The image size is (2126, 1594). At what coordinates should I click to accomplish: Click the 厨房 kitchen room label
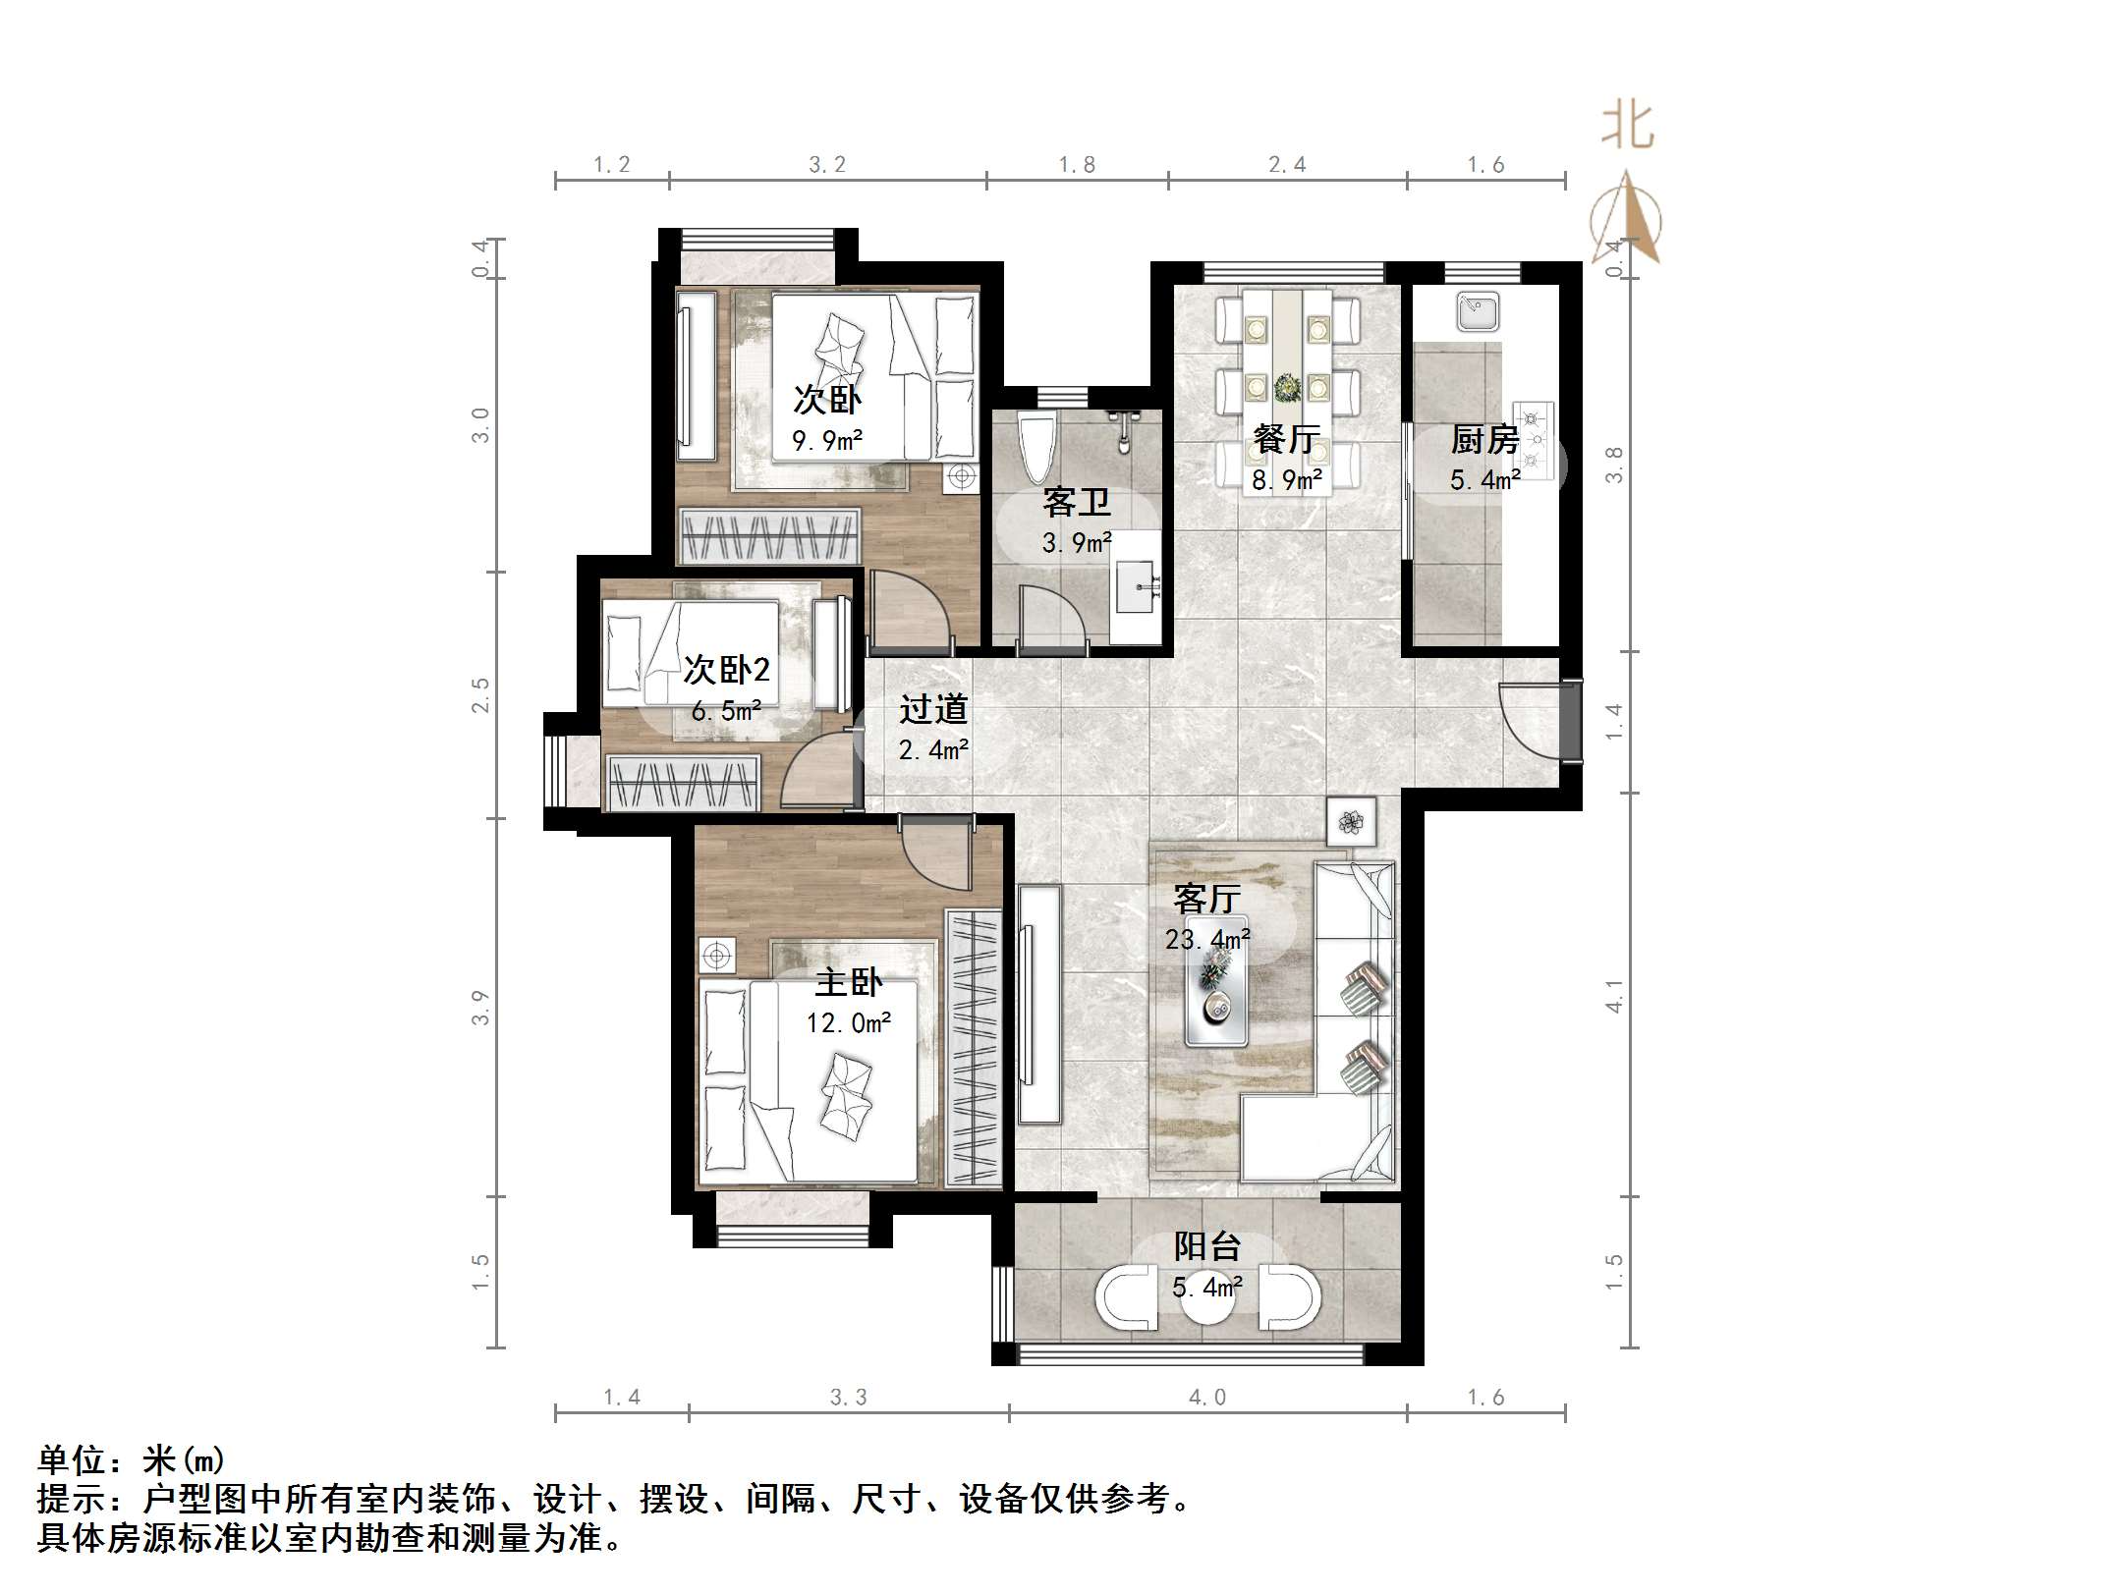pyautogui.click(x=1484, y=439)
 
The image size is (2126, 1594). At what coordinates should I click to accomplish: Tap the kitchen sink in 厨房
pyautogui.click(x=1477, y=312)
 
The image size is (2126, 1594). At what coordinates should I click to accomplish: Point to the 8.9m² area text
pyautogui.click(x=1286, y=480)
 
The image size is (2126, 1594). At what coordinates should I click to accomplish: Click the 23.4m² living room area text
pyautogui.click(x=1207, y=940)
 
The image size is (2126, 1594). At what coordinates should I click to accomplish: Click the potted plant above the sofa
pyautogui.click(x=1351, y=821)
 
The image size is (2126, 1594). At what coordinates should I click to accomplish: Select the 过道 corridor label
pyautogui.click(x=933, y=709)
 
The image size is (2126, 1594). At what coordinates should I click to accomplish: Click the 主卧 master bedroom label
pyautogui.click(x=849, y=982)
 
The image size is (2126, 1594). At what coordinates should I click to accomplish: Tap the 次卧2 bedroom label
pyautogui.click(x=726, y=670)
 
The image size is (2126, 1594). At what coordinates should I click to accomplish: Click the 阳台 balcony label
pyautogui.click(x=1207, y=1246)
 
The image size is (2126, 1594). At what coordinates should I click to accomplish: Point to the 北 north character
pyautogui.click(x=1627, y=128)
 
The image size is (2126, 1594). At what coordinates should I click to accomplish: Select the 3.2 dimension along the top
pyautogui.click(x=827, y=165)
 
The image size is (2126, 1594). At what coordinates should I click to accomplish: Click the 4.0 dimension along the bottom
pyautogui.click(x=1207, y=1397)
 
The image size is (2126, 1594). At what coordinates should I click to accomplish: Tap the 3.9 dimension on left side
pyautogui.click(x=479, y=1008)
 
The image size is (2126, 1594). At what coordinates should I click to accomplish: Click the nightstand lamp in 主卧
pyautogui.click(x=717, y=956)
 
